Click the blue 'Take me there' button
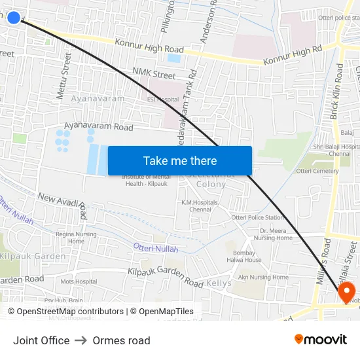pyautogui.click(x=180, y=160)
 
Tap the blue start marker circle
pyautogui.click(x=14, y=17)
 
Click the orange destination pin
pyautogui.click(x=345, y=291)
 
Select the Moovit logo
pyautogui.click(x=321, y=340)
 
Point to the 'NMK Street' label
pyautogui.click(x=154, y=75)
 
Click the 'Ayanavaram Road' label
pyautogui.click(x=98, y=126)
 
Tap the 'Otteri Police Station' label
pyautogui.click(x=257, y=217)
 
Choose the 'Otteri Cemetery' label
pyautogui.click(x=317, y=171)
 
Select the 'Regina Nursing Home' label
pyautogui.click(x=76, y=237)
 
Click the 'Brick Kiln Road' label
pyautogui.click(x=334, y=92)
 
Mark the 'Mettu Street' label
pyautogui.click(x=63, y=76)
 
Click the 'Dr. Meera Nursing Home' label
pyautogui.click(x=276, y=234)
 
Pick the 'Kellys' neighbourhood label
pyautogui.click(x=219, y=283)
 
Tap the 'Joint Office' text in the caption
pyautogui.click(x=41, y=340)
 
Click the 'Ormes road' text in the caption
pyautogui.click(x=121, y=340)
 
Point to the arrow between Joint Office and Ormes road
pyautogui.click(x=81, y=340)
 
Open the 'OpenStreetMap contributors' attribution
pyautogui.click(x=70, y=312)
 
